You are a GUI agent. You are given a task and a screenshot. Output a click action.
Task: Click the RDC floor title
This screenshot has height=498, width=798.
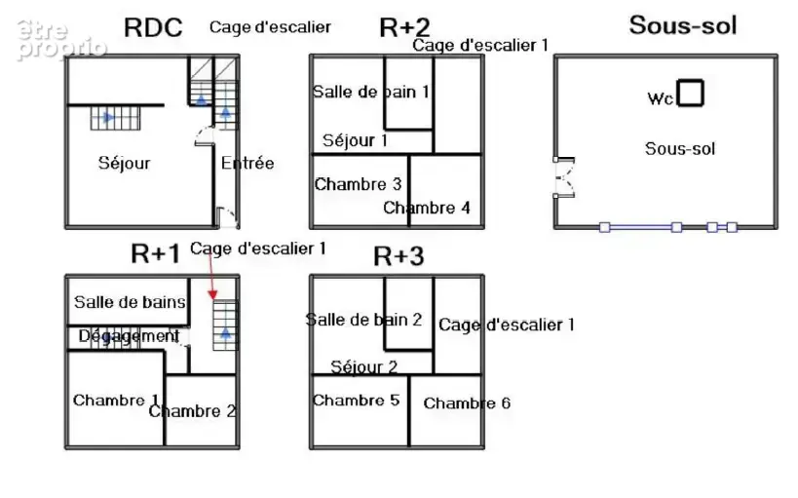point(153,27)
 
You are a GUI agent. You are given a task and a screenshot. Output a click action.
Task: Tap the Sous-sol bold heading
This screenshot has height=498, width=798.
point(683,25)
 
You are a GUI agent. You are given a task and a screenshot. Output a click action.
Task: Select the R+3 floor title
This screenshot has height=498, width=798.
point(399,256)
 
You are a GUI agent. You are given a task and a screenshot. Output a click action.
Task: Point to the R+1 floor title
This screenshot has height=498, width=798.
point(155,253)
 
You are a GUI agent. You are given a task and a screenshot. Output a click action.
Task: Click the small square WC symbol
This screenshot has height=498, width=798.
point(690,94)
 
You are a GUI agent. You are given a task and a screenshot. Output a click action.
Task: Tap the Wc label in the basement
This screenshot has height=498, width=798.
point(661,98)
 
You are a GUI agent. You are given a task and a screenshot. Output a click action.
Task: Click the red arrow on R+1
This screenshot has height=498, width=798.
point(211,275)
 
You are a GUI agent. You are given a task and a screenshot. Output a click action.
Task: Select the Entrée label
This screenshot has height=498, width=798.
point(247,163)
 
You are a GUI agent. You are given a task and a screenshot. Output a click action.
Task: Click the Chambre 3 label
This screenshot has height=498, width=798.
point(358,184)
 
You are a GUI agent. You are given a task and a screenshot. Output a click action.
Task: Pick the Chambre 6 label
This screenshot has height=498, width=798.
point(467,403)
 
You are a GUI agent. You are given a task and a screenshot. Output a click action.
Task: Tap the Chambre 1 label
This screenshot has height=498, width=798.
point(116,401)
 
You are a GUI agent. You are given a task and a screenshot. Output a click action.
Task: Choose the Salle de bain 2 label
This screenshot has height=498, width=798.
point(363,320)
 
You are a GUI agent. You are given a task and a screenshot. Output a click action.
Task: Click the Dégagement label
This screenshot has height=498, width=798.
point(129,336)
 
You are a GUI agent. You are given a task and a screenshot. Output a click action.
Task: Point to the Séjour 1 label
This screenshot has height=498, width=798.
point(355,140)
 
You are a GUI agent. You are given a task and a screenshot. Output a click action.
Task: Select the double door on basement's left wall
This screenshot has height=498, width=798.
point(564,177)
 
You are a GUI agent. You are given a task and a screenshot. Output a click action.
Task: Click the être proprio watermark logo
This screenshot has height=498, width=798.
point(61,40)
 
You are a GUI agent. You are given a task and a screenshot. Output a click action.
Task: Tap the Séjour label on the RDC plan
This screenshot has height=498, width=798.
point(124,163)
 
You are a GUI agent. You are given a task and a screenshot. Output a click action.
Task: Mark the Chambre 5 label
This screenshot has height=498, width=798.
point(356,401)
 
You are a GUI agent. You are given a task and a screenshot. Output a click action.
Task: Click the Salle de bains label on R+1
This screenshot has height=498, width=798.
point(130,302)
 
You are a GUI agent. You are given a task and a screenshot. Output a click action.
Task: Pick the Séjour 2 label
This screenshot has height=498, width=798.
point(363,366)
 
